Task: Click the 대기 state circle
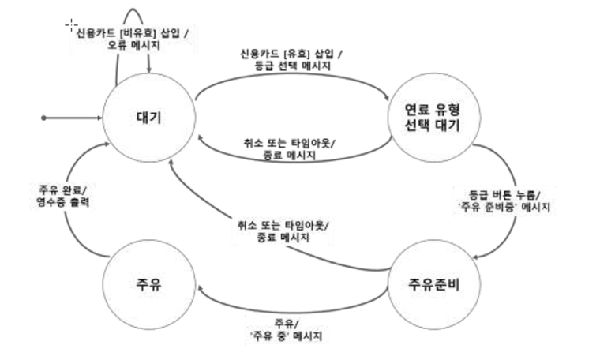click(x=149, y=118)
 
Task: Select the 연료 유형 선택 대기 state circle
click(x=430, y=118)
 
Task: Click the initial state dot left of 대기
click(x=45, y=118)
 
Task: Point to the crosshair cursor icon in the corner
click(x=71, y=24)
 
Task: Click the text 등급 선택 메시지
click(x=293, y=67)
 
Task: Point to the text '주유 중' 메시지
click(x=287, y=336)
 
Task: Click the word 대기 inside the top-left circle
click(x=149, y=118)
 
